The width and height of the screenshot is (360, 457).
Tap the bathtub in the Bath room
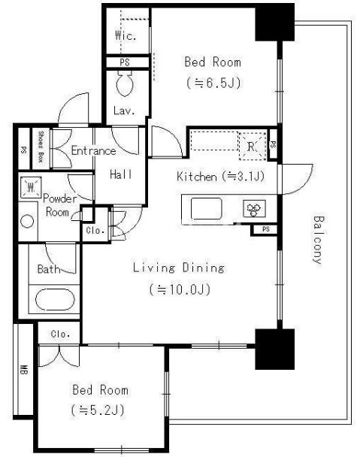point(55,300)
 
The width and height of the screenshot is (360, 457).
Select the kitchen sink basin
point(206,208)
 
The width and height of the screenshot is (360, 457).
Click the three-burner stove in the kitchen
point(255,208)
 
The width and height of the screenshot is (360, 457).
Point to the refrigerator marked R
point(253,146)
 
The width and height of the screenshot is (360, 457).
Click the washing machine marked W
point(31,187)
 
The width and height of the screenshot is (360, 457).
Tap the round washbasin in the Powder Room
point(27,221)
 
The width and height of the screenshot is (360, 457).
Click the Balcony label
point(319,240)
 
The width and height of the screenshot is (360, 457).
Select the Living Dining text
point(179,268)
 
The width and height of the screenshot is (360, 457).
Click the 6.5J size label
point(213,83)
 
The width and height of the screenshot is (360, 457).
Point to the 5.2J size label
point(98,410)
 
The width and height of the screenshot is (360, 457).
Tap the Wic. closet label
point(126,35)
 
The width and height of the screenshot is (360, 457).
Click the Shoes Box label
point(41,147)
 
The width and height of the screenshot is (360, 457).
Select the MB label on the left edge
point(24,370)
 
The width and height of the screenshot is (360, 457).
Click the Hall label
point(121,174)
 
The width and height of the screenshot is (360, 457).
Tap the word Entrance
point(93,150)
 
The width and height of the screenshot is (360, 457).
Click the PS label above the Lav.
point(125,62)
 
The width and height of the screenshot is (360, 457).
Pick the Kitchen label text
point(197,177)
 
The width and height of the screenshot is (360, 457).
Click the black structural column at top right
point(275,23)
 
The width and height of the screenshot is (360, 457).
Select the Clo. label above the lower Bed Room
point(60,334)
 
